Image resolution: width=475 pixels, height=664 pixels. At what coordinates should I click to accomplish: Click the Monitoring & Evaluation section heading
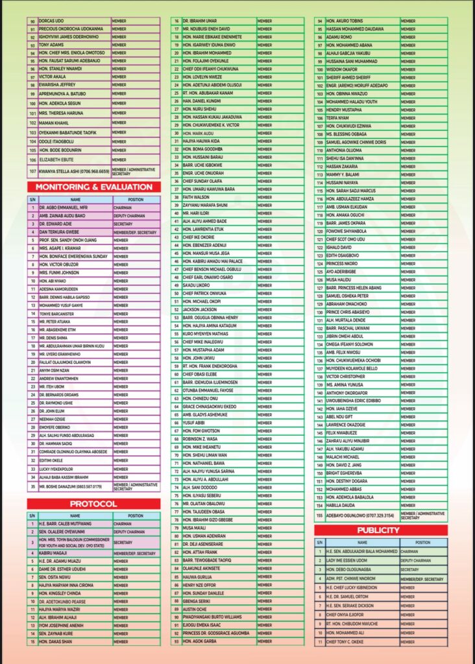93,187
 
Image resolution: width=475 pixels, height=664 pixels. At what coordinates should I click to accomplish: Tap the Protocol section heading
93,504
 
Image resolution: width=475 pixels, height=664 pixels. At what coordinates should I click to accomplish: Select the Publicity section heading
380,530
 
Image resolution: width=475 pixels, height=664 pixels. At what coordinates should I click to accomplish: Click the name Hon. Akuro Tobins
345,21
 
